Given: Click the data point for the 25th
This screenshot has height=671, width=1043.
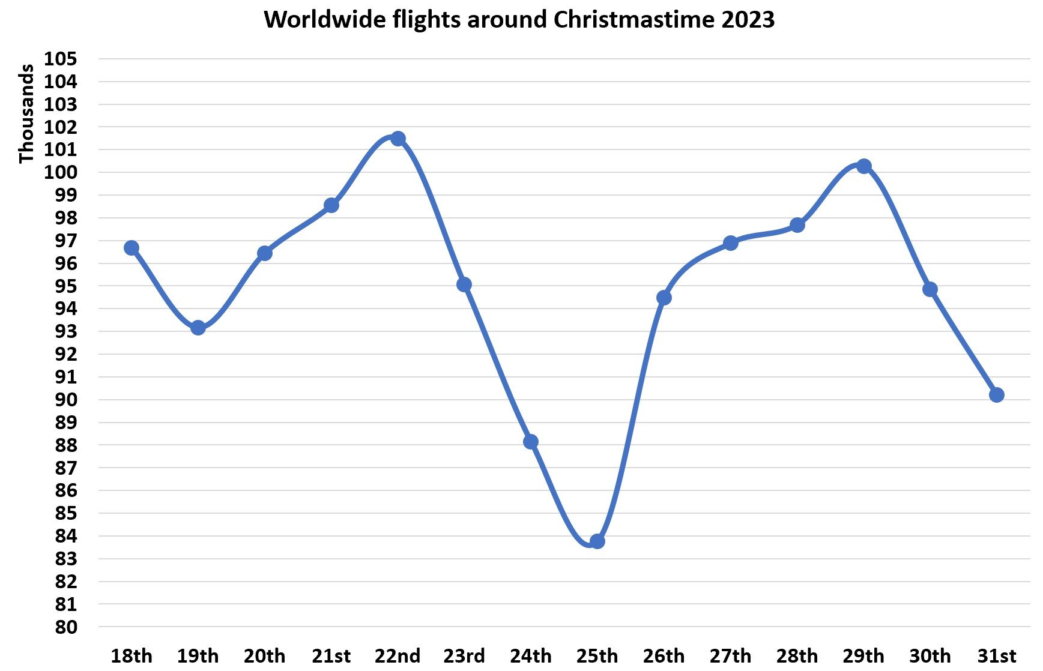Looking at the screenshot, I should pos(597,541).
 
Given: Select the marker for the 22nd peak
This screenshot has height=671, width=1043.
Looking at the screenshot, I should pos(398,139).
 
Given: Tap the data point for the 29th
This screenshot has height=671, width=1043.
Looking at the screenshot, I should pos(863,166).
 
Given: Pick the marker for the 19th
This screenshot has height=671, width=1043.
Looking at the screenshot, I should pos(198,328).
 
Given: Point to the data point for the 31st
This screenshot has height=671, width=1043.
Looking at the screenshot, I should pos(997,395).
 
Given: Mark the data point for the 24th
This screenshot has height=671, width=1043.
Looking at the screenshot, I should pos(531,442).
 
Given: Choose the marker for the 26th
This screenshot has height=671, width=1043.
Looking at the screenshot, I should pos(664,298).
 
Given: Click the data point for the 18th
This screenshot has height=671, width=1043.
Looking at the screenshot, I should pos(132,248).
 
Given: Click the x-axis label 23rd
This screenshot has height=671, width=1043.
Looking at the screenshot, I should pos(464,655).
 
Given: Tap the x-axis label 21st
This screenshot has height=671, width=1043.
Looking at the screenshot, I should pos(331,655).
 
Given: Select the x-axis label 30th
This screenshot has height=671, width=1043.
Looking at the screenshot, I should pos(930,655).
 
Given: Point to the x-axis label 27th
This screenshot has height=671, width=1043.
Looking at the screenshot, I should pos(730,655).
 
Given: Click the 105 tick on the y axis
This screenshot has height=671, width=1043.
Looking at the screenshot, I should pos(61,59).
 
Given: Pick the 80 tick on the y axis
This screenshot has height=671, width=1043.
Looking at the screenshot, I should pos(66,627).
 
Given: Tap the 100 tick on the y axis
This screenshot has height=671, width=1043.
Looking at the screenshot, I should pos(61,172).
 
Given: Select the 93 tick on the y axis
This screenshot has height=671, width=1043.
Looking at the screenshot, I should pos(66,331).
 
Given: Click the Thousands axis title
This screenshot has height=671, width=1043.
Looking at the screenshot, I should pos(26,114).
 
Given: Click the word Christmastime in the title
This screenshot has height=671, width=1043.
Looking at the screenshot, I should pos(634,20).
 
